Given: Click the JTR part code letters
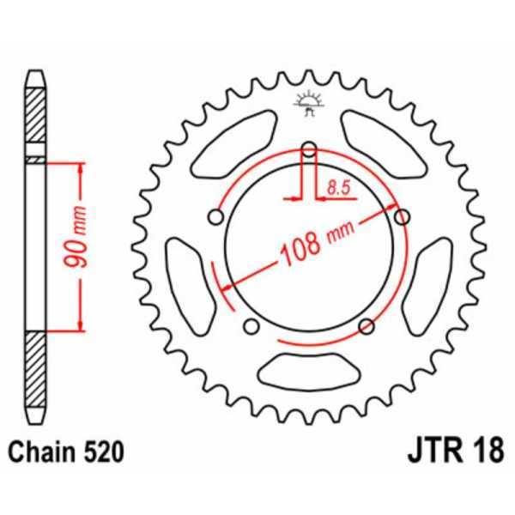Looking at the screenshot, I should tap(427, 449).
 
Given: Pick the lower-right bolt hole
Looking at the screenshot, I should tap(367, 325).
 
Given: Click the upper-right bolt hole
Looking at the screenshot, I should tap(401, 218).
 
